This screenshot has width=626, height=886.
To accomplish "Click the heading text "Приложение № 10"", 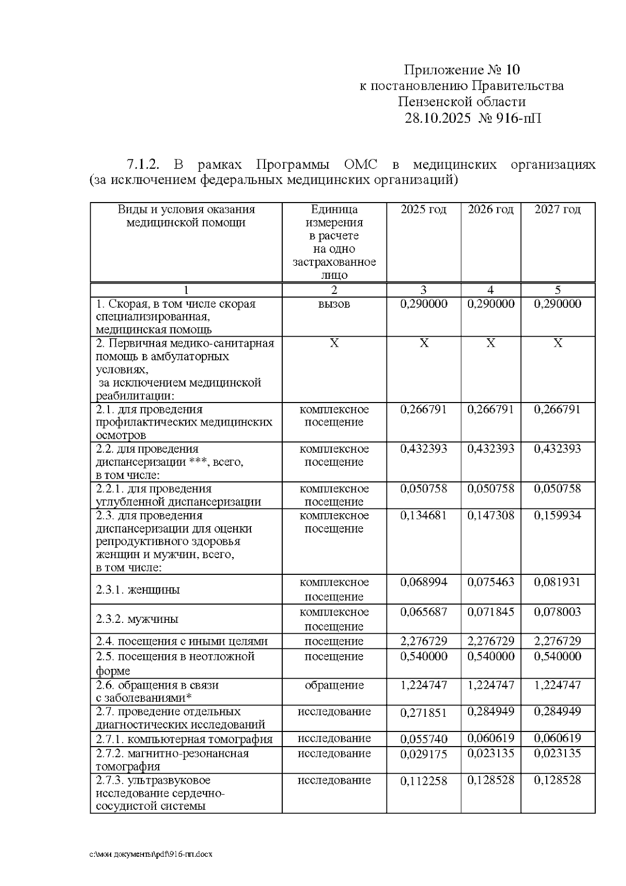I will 462,69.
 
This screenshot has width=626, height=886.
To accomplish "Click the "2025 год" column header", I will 424,209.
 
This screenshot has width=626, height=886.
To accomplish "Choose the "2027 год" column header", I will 558,209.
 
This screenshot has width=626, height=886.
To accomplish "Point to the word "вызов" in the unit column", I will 334,304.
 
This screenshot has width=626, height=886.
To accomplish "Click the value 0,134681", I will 424,515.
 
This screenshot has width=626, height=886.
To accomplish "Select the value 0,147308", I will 490,515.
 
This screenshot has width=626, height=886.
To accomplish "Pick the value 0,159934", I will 558,515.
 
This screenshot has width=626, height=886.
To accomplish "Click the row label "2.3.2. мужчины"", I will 137,619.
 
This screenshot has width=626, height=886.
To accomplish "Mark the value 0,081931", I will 558,582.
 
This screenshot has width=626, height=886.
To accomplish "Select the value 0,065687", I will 424,612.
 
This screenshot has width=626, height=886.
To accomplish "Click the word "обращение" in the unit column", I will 334,685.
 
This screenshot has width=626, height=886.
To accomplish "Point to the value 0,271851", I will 424,713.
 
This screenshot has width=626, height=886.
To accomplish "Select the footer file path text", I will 151,855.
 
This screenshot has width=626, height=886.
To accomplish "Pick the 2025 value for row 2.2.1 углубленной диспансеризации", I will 424,489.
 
